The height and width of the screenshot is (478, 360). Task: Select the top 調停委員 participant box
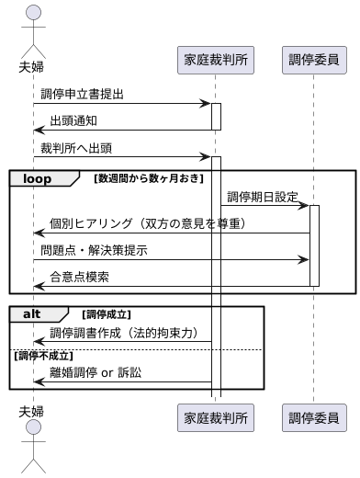click(x=313, y=61)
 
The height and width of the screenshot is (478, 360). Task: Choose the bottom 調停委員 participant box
click(x=313, y=417)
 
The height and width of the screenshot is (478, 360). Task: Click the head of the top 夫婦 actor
click(x=33, y=13)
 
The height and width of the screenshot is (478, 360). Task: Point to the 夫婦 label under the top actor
click(x=32, y=66)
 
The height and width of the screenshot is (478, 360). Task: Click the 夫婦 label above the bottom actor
click(x=32, y=410)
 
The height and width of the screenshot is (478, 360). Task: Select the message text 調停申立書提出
click(x=82, y=94)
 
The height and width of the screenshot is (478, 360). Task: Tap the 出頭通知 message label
click(x=73, y=120)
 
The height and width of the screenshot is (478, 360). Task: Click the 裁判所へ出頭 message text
click(x=77, y=147)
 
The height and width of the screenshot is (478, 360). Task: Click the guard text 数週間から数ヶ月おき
click(x=149, y=177)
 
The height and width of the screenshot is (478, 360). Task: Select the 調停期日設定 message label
click(x=263, y=197)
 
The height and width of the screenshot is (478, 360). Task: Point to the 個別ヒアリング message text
click(x=147, y=223)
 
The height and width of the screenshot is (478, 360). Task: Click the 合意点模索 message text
click(x=79, y=277)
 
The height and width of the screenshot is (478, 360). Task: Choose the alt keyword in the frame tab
click(x=33, y=313)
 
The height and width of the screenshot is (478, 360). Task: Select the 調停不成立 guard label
click(x=44, y=354)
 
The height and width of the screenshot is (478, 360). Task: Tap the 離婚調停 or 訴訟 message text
click(x=96, y=372)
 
